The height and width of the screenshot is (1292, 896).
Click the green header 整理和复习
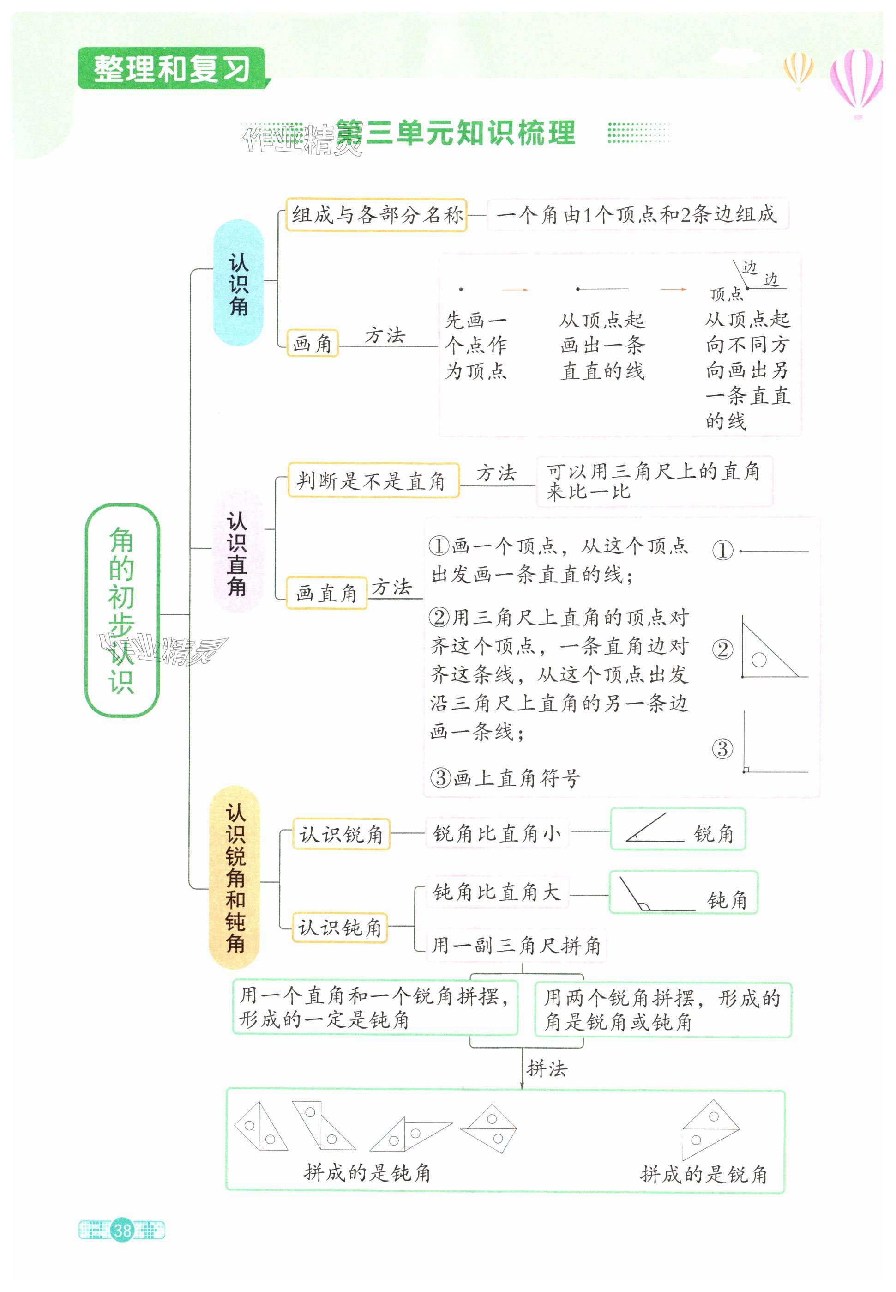(171, 68)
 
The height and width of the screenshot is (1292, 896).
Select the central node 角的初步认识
(122, 610)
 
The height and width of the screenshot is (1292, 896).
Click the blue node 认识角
(238, 283)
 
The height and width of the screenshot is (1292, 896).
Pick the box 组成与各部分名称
(376, 215)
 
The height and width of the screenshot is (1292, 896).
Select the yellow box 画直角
(326, 593)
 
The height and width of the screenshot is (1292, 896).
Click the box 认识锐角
(341, 834)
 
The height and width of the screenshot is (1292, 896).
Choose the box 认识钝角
(340, 928)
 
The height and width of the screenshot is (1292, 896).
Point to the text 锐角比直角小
(497, 833)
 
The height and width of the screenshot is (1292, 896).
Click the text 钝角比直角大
(497, 892)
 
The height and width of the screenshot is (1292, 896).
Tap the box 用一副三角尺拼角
(515, 946)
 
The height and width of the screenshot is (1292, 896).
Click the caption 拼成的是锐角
(703, 1174)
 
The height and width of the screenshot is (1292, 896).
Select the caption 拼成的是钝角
(367, 1172)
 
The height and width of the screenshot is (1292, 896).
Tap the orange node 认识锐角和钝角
(235, 878)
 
